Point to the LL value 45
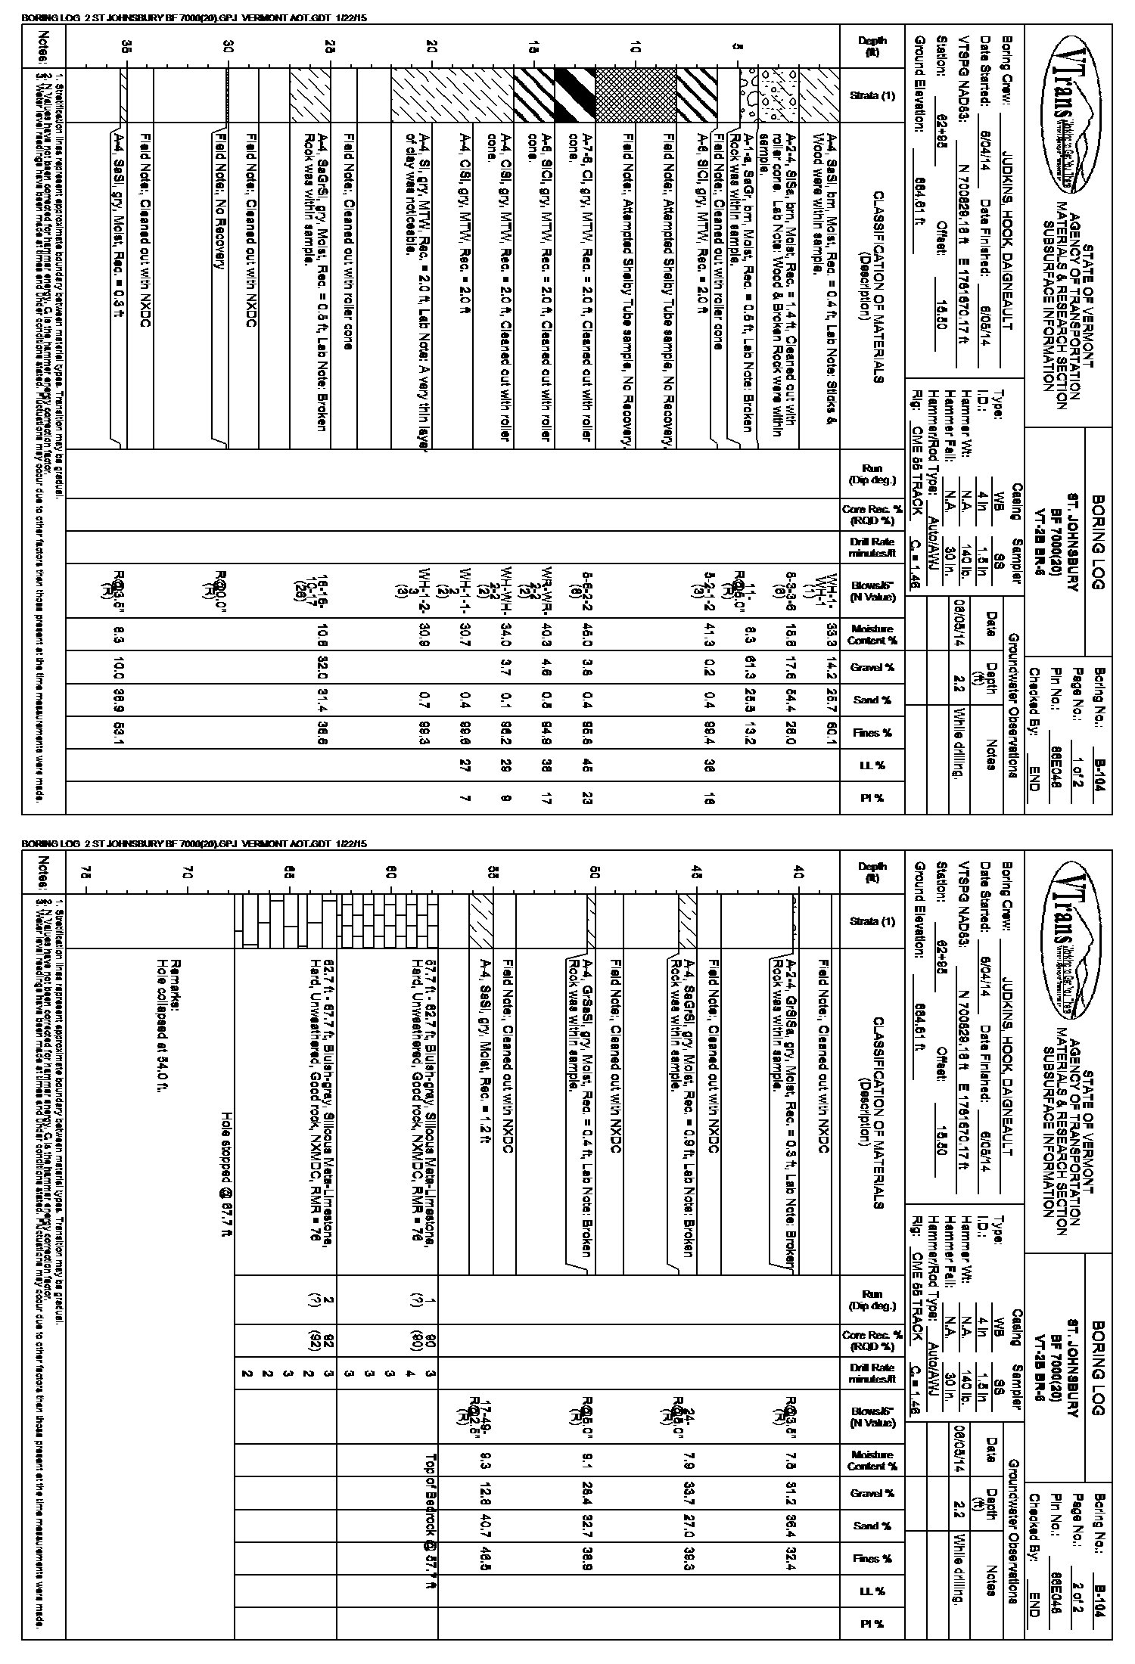tap(586, 765)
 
